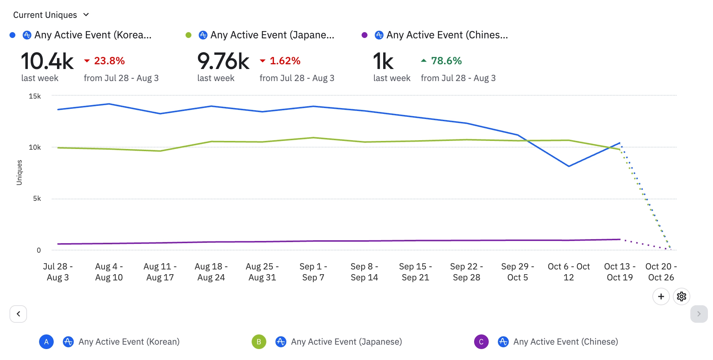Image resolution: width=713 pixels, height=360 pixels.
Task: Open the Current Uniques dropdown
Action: [x=51, y=15]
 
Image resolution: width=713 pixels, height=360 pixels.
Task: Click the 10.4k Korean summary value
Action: [x=47, y=61]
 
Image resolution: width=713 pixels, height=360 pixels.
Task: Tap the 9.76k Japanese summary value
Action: [x=223, y=61]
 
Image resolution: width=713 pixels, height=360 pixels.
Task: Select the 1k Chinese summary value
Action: [x=383, y=61]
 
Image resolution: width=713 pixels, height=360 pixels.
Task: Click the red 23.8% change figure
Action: [x=109, y=61]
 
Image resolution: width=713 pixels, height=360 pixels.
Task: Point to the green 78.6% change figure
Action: [x=446, y=61]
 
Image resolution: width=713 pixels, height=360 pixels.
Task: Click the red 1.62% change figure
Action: [x=285, y=61]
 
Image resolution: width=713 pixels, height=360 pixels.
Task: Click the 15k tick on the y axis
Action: [x=35, y=96]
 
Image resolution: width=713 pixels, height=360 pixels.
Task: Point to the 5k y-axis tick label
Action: [x=37, y=198]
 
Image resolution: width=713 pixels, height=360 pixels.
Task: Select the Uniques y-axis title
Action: [x=19, y=172]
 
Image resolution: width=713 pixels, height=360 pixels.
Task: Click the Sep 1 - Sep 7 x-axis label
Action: [x=313, y=272]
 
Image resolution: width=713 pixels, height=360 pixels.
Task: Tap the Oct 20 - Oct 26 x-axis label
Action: [x=661, y=272]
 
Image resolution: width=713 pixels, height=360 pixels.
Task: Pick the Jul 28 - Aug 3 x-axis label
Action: [x=58, y=272]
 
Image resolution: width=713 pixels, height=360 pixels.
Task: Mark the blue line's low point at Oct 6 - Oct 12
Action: [x=569, y=166]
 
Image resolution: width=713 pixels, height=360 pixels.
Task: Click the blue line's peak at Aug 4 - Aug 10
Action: [x=109, y=104]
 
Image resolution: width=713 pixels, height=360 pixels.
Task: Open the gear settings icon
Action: [x=681, y=296]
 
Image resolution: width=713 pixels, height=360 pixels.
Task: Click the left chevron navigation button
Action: [x=18, y=314]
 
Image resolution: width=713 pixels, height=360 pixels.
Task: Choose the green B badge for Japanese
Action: [x=259, y=342]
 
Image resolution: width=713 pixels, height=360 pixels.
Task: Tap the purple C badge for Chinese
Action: [x=481, y=342]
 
